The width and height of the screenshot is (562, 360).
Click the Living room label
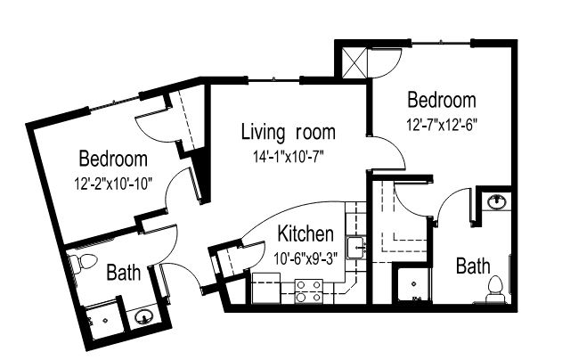point(289,132)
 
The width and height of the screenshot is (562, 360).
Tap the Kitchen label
point(305,233)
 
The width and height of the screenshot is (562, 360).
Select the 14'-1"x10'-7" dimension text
point(289,157)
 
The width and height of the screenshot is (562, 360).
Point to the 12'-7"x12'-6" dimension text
point(442,125)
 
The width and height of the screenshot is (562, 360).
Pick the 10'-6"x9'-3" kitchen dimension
point(305,258)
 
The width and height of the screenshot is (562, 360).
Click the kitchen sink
point(356,248)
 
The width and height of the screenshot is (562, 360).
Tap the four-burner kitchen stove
point(309,291)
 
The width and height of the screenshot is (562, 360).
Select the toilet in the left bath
point(83,262)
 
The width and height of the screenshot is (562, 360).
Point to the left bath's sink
point(144,316)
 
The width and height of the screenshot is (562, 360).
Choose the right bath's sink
point(496,201)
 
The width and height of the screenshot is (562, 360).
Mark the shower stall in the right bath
point(414,284)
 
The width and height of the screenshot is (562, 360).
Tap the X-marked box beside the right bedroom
point(354,62)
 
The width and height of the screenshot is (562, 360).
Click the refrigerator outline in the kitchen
point(266,288)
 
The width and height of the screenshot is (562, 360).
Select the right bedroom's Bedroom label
point(442,100)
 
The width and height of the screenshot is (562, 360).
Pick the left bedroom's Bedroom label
point(113,159)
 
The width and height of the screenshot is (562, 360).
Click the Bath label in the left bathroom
point(124,273)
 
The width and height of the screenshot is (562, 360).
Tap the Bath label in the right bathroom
point(473,266)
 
